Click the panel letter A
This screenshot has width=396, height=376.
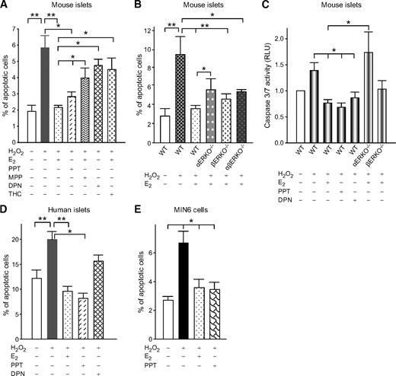pos(5,6)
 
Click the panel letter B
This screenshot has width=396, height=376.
pos(140,6)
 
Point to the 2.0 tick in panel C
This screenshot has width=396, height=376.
pos(277,37)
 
